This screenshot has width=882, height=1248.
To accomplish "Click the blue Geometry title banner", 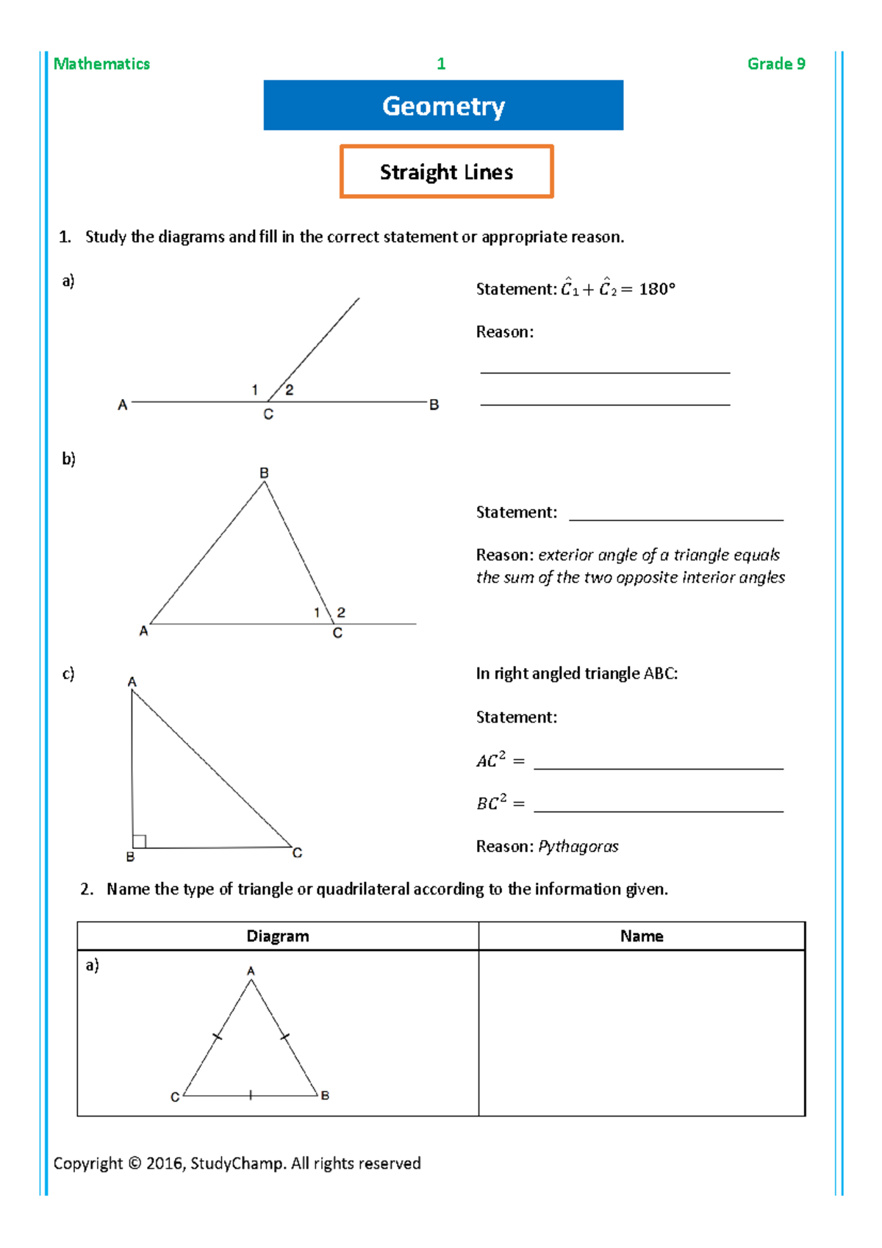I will click(443, 106).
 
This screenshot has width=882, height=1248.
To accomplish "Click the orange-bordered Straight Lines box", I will click(446, 172).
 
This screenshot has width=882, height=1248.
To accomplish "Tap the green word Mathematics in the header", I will click(101, 64).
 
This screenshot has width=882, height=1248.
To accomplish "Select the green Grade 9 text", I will click(776, 64).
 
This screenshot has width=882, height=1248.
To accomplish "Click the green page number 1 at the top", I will click(441, 64).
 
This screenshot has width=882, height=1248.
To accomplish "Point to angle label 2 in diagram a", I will click(290, 390).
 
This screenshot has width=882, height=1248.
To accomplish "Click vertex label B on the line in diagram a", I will click(434, 405).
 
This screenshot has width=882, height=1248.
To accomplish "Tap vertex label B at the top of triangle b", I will click(264, 473).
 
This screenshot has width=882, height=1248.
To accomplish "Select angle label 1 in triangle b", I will click(317, 612).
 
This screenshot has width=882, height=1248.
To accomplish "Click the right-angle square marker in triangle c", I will click(140, 841).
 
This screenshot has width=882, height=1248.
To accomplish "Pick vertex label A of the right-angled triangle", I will click(132, 682).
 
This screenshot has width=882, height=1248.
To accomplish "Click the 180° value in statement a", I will click(656, 289).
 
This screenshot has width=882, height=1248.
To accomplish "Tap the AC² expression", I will click(491, 760).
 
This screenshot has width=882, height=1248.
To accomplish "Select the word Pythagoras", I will click(578, 847).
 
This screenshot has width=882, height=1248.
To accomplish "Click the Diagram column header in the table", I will click(278, 936).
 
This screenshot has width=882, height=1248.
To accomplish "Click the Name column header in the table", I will click(642, 936).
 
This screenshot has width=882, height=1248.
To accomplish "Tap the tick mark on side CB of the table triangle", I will click(251, 1095).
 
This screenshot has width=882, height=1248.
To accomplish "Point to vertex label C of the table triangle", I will click(175, 1097).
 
